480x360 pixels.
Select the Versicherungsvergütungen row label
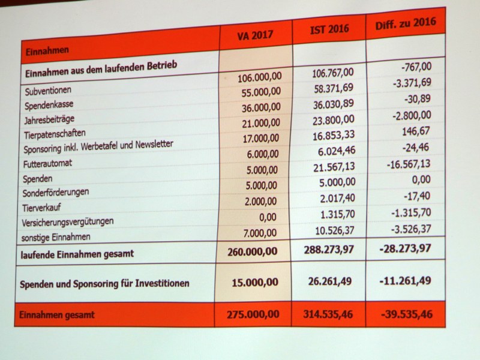point(67,221)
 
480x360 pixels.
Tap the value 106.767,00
point(333,73)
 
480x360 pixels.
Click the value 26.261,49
point(330,281)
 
